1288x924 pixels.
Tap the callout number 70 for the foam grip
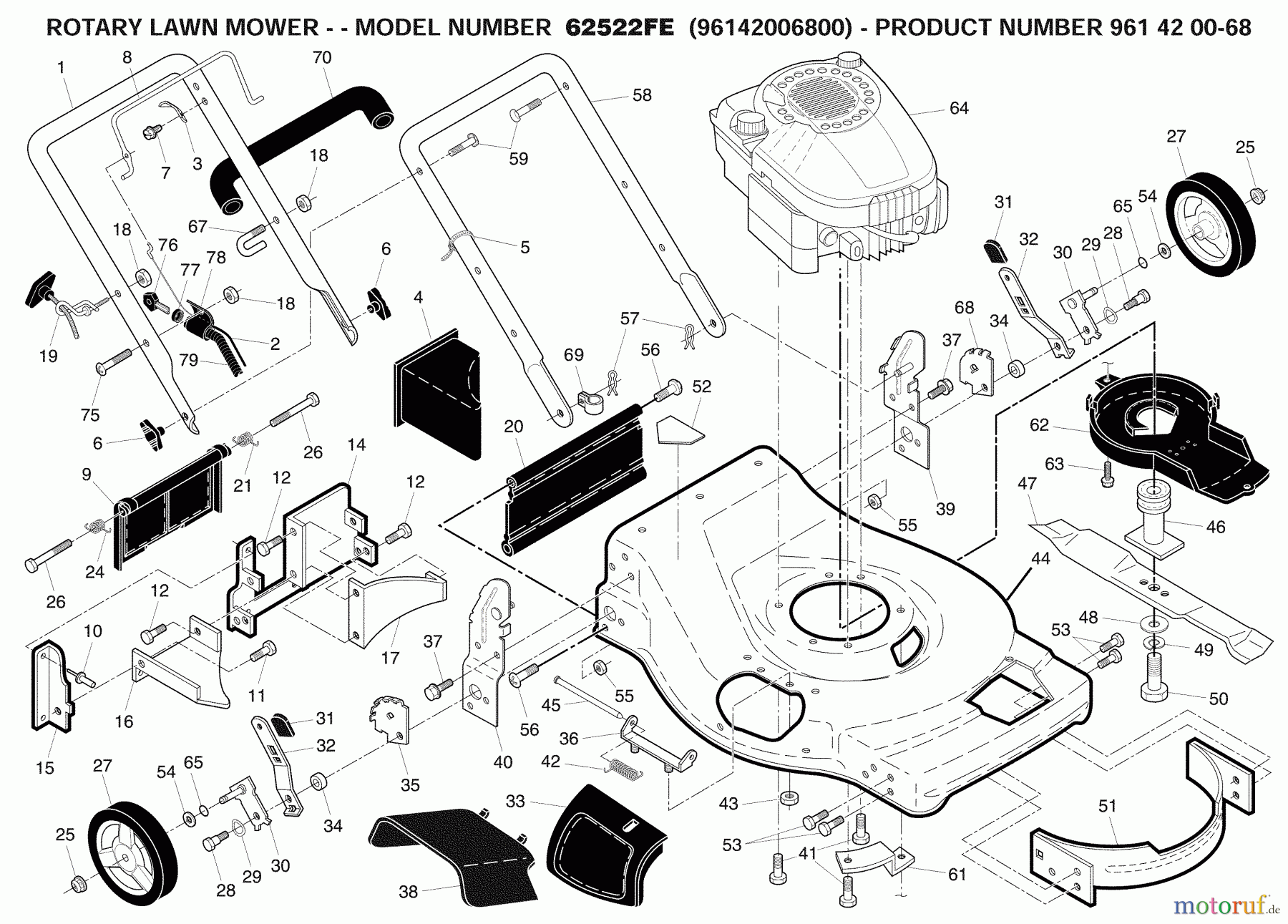323,58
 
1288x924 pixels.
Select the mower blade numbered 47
1145,573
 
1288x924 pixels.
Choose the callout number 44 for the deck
1040,558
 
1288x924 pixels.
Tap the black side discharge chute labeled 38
451,852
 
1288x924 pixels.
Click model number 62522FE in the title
619,27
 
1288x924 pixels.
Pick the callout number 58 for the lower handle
642,95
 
